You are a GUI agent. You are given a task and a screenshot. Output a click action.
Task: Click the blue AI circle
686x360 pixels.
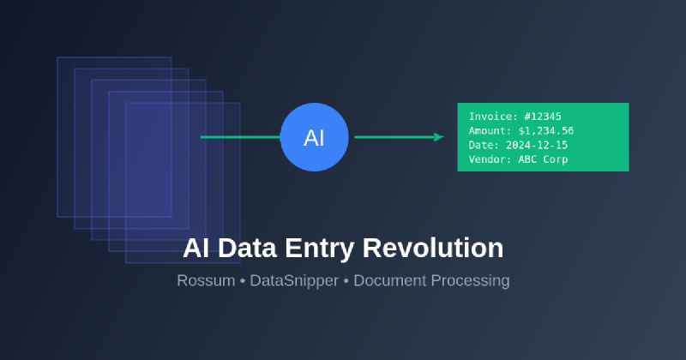[314, 137]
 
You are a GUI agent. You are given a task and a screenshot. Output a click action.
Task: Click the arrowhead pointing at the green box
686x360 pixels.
[439, 137]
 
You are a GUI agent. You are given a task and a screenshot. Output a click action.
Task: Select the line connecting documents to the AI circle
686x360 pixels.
[240, 137]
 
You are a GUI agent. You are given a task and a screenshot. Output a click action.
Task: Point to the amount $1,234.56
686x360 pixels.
[546, 131]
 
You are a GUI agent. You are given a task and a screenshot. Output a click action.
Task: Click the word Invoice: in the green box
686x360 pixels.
[491, 117]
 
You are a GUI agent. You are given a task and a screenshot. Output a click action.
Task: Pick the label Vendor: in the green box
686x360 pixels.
[489, 159]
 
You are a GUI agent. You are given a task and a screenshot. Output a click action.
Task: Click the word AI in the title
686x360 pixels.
[196, 249]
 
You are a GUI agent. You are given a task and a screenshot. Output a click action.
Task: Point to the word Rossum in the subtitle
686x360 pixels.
[206, 280]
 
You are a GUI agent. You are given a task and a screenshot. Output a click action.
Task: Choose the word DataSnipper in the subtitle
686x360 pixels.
[294, 280]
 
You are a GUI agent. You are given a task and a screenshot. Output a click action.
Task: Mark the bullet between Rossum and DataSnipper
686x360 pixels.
[243, 280]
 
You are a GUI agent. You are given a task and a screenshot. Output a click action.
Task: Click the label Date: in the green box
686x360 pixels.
[484, 145]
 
